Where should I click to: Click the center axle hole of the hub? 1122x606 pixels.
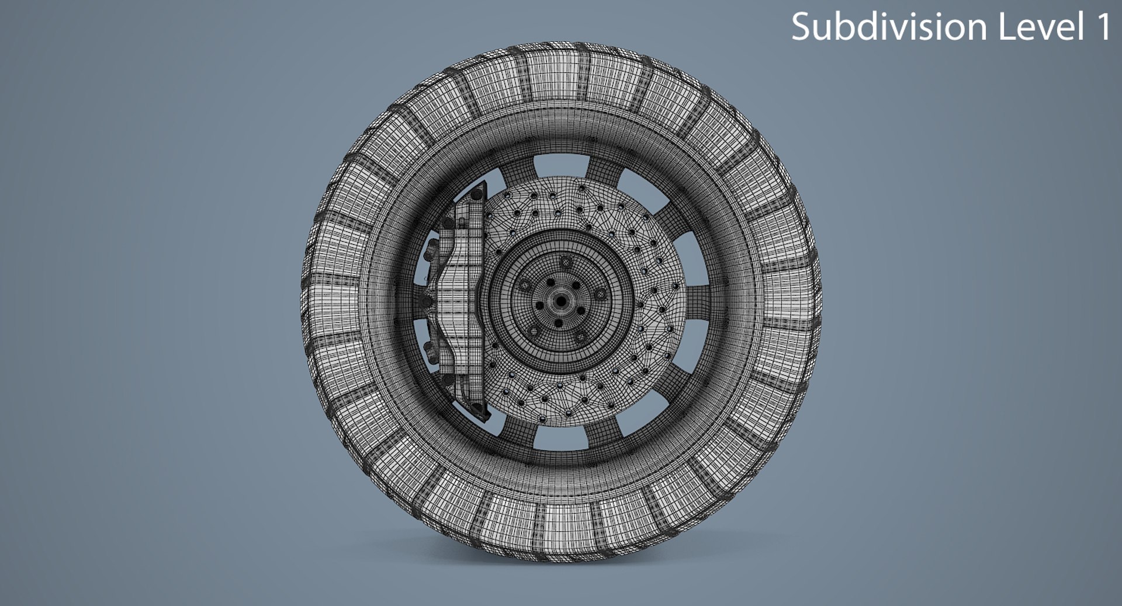(561, 301)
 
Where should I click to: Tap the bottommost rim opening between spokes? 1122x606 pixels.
(560, 438)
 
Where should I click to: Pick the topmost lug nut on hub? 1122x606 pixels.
(565, 262)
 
